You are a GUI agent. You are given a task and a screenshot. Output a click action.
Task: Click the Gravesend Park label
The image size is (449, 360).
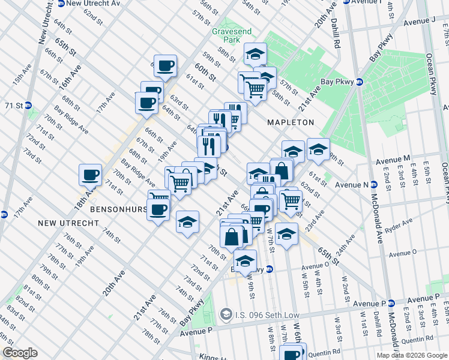pos(227,35)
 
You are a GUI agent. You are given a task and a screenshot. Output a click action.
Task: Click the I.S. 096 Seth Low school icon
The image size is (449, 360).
pos(226,313)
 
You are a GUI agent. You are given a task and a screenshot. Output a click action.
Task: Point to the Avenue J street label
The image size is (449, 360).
pos(418,22)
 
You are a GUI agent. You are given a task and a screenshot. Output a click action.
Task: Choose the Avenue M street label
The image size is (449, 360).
pos(393,158)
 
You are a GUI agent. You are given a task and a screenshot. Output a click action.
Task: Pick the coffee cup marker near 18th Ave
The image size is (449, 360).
pos(90,175)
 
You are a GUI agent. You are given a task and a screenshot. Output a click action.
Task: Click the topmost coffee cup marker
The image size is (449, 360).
pos(165,65)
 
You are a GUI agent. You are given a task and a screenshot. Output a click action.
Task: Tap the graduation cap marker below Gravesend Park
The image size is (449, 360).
pos(255,55)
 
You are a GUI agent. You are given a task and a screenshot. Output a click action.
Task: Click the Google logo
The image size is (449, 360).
pos(20,353)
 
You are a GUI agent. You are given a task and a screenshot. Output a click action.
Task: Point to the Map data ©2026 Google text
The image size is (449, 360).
pos(411,355)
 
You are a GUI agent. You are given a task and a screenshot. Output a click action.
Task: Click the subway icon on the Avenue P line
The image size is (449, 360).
pos(391,303)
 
